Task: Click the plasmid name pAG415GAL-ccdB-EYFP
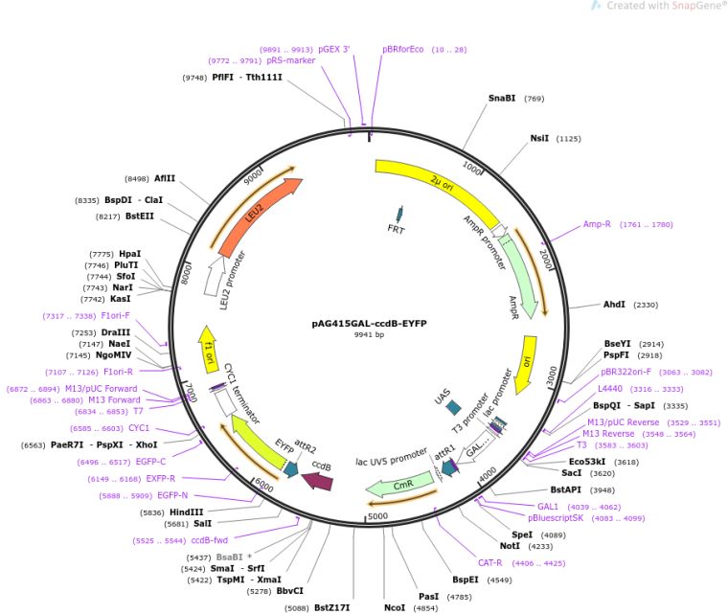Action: tap(369, 323)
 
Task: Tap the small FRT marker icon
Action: tap(398, 216)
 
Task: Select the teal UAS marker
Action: tap(454, 407)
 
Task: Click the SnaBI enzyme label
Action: tap(502, 98)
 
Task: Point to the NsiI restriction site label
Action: tap(540, 139)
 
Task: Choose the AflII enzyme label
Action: tap(165, 178)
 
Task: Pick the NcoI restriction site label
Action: tap(395, 607)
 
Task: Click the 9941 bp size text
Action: tap(369, 334)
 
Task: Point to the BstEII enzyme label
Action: tap(139, 216)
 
